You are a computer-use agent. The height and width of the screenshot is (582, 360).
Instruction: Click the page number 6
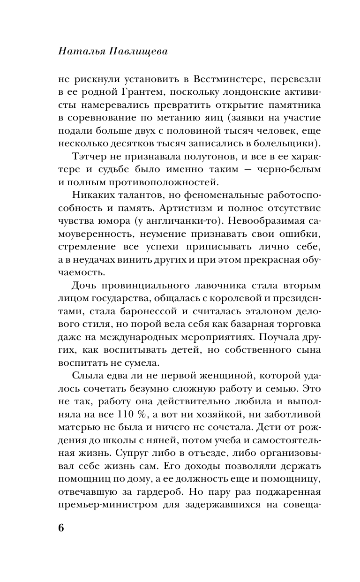coord(60,527)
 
